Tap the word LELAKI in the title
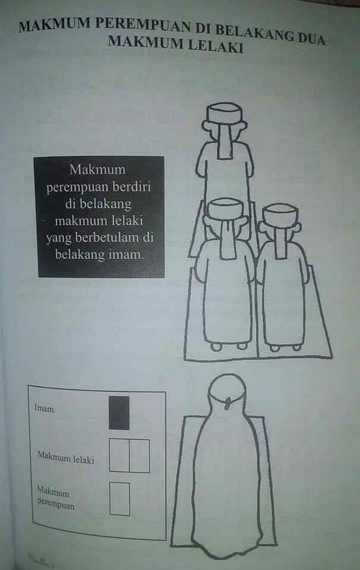click(216, 46)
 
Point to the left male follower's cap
click(225, 208)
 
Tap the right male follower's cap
click(280, 213)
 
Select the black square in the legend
click(119, 413)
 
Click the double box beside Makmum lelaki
click(130, 455)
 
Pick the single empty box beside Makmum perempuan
click(119, 499)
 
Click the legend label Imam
click(44, 408)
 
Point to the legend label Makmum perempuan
click(56, 498)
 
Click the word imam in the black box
click(125, 255)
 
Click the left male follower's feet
click(229, 346)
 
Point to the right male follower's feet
click(286, 348)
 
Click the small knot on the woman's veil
click(228, 403)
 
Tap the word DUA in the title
click(311, 38)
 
